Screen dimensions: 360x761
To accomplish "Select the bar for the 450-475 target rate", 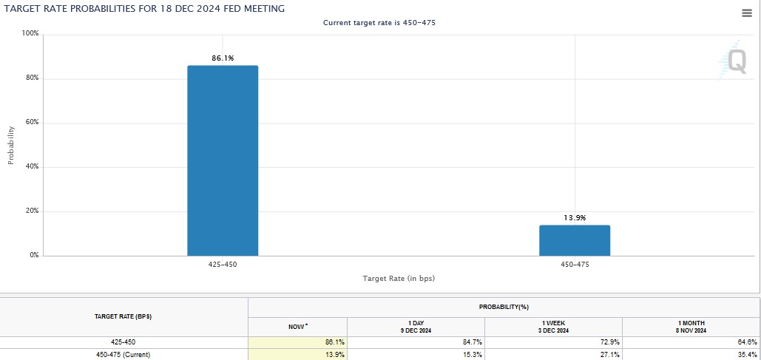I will [x=575, y=240].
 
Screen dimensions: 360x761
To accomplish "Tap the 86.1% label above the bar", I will [x=223, y=58].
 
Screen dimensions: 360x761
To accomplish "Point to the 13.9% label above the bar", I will [x=575, y=217].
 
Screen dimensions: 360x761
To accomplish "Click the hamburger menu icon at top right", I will [x=746, y=13].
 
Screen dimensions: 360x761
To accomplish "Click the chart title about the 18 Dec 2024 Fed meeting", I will [x=145, y=8].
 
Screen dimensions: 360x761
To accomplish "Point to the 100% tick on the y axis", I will [x=30, y=34].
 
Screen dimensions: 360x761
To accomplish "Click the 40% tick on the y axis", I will [x=32, y=167].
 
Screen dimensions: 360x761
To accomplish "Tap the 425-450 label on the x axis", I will [x=223, y=264].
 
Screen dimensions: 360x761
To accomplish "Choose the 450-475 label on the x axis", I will [x=575, y=264].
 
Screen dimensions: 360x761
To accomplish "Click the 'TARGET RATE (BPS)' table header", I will [x=123, y=316].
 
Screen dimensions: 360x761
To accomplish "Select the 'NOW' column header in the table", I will [x=297, y=326].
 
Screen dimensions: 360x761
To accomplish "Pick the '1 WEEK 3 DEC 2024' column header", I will [x=553, y=326].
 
